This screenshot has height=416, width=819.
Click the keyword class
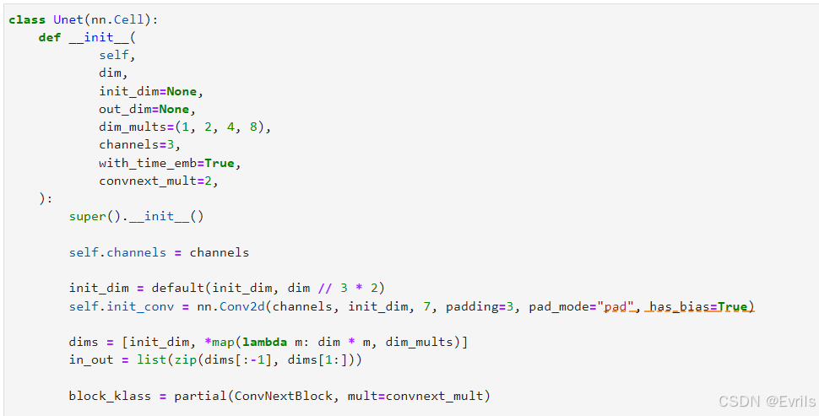pos(27,20)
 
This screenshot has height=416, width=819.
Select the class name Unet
pos(68,20)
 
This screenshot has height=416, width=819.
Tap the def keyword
pos(50,38)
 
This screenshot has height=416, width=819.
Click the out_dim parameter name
pos(129,109)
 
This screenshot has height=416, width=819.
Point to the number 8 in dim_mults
pos(254,127)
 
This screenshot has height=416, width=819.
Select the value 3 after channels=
pos(171,144)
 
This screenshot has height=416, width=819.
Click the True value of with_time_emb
pos(220,163)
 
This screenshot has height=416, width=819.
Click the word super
pos(88,216)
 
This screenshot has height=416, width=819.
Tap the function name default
pos(177,288)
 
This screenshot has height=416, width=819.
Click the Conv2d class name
pos(242,305)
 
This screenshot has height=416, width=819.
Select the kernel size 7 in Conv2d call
pos(426,305)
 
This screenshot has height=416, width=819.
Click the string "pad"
pos(616,305)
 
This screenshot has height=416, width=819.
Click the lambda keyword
pos(264,342)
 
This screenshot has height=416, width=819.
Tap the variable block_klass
pos(110,396)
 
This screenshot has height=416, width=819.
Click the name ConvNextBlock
pos(283,396)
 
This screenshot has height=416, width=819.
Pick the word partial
pos(201,396)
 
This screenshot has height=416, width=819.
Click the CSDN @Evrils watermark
pos(767,401)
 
